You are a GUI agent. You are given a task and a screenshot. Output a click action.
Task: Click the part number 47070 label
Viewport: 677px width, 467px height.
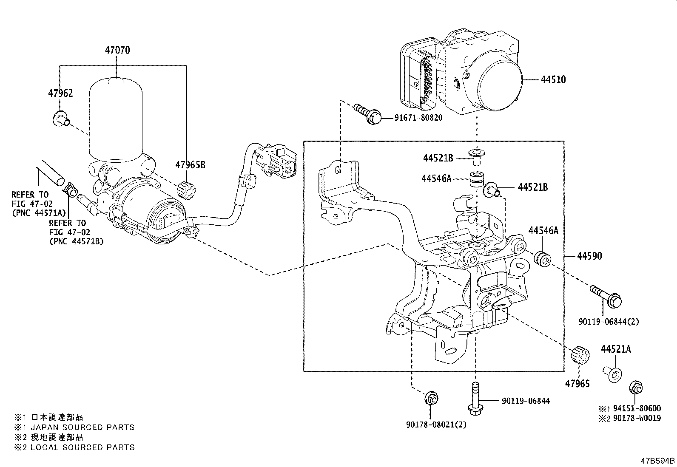coord(117,50)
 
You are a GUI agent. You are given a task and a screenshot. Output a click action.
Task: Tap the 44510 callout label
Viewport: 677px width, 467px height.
coord(553,79)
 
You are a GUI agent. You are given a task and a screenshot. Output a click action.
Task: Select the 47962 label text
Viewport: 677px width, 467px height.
coord(60,93)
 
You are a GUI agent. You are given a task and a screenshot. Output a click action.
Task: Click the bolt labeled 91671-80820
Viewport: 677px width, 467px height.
coord(369,114)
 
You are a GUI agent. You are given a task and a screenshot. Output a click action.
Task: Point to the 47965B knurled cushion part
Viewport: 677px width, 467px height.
coord(187,190)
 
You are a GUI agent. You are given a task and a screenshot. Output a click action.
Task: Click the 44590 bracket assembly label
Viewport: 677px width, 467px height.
coord(589,256)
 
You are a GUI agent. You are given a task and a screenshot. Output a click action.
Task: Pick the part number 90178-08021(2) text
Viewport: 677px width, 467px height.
coord(430,425)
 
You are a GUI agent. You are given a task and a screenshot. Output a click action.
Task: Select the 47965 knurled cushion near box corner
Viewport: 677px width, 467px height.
coord(580,355)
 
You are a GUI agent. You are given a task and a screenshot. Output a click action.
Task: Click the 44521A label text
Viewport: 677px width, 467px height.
coord(616,349)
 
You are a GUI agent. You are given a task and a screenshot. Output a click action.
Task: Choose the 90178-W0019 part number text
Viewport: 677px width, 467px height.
coord(637,418)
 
